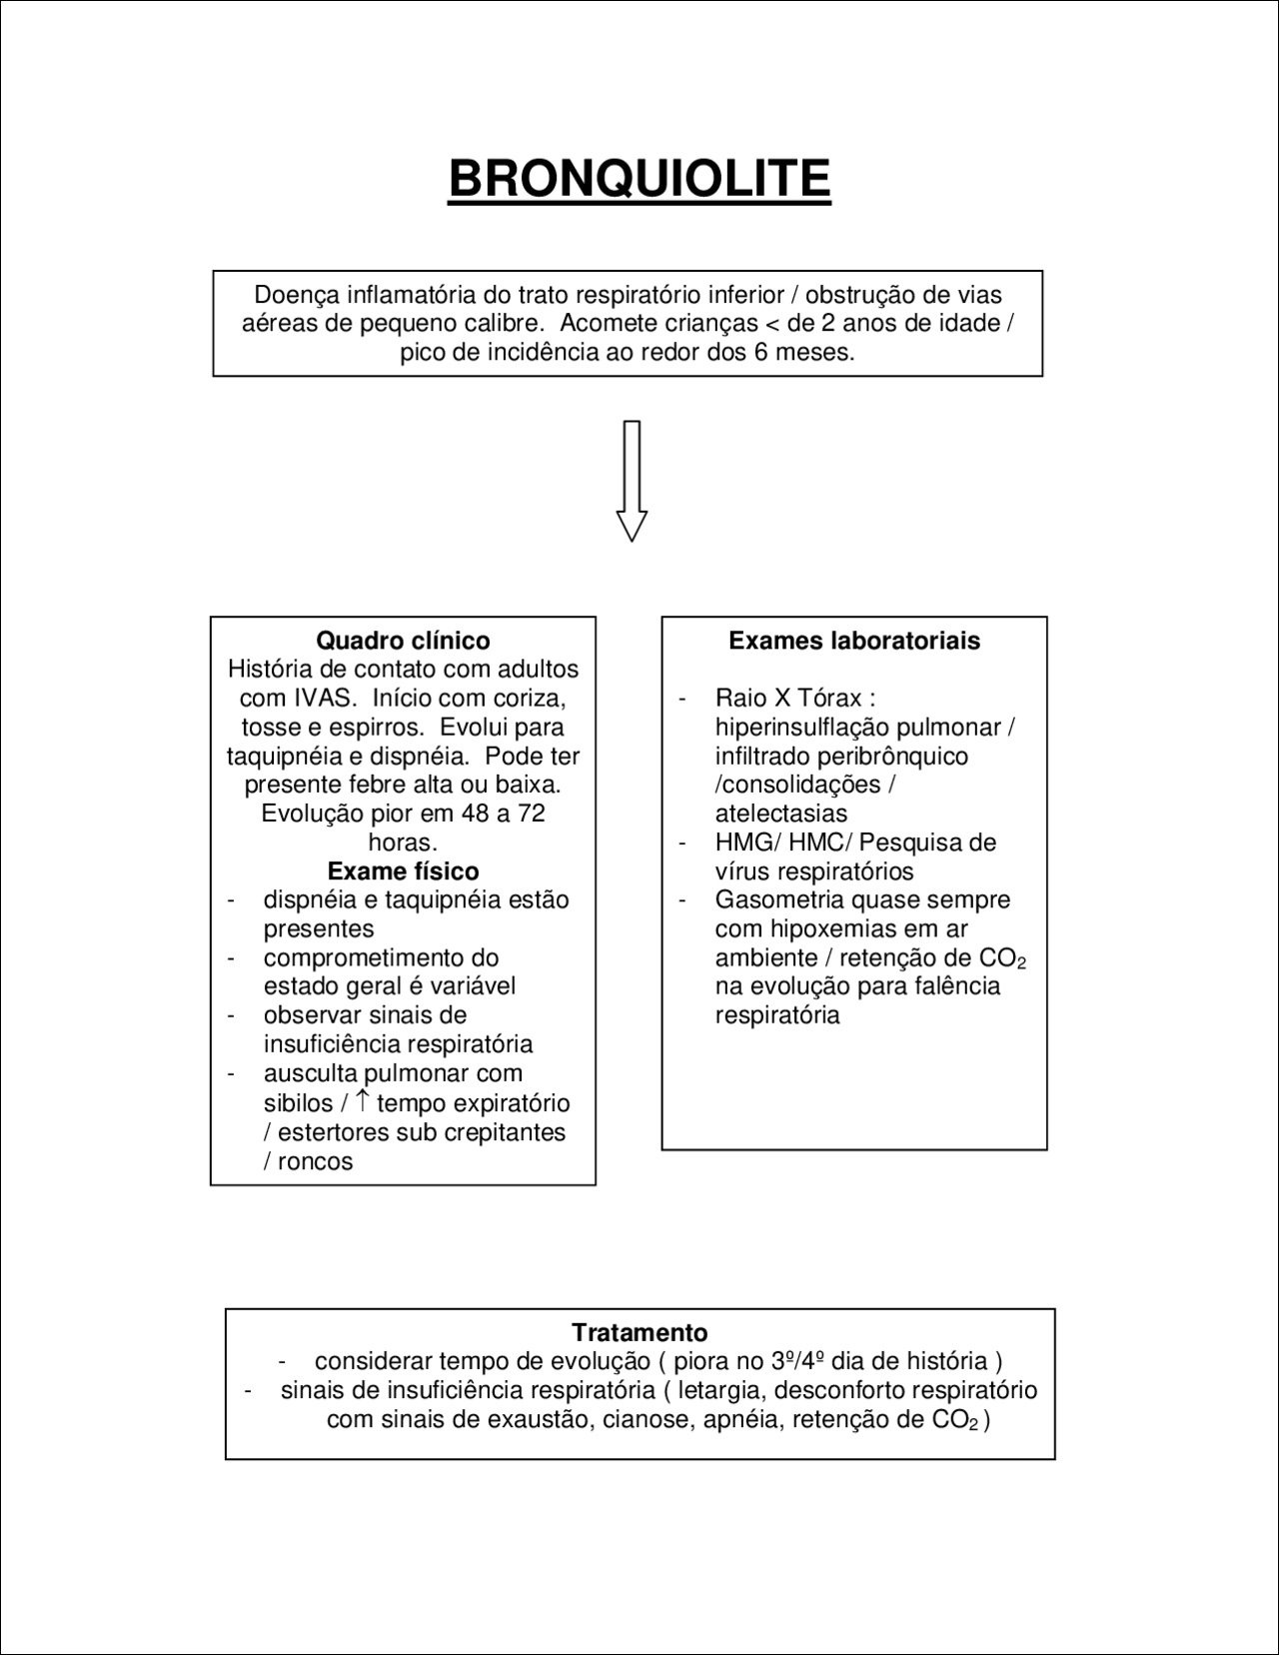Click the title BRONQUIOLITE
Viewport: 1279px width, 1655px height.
click(639, 180)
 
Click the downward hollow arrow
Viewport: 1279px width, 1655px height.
click(632, 481)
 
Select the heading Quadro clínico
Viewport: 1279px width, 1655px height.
click(403, 641)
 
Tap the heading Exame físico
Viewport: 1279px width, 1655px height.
click(403, 871)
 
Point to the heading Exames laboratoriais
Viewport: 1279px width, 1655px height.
click(854, 641)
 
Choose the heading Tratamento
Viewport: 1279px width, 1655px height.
click(639, 1332)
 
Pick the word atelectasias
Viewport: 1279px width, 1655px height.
click(780, 814)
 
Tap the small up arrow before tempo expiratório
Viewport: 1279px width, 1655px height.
click(364, 1101)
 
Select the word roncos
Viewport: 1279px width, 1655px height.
click(315, 1161)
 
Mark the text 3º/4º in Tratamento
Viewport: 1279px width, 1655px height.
click(798, 1361)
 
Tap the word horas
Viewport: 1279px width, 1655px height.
click(402, 842)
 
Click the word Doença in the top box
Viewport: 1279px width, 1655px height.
click(296, 295)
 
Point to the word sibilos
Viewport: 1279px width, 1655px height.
click(298, 1103)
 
